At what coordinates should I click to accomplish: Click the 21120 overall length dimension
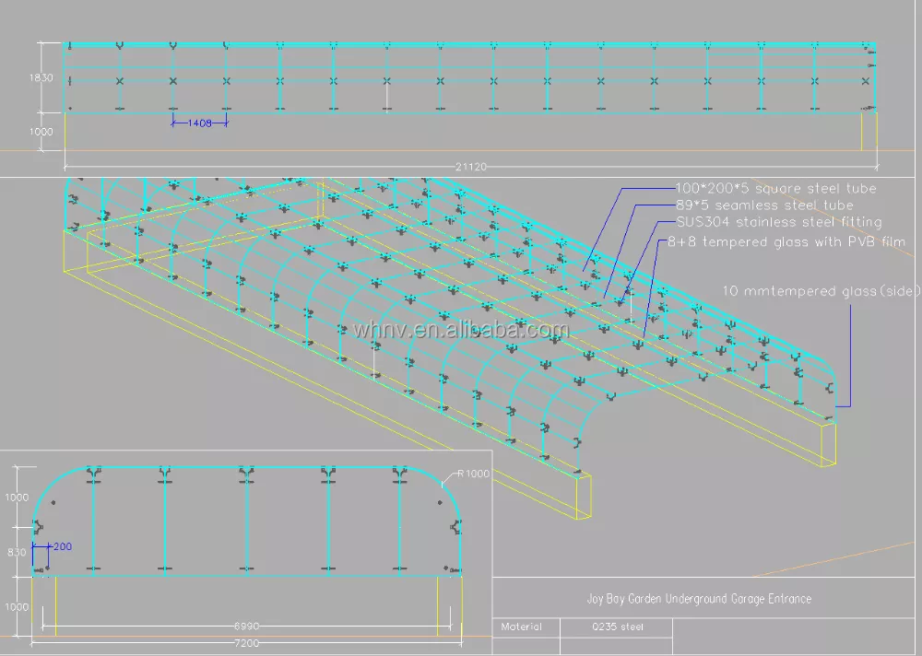click(x=471, y=167)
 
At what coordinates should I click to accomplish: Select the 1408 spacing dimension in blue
click(x=200, y=123)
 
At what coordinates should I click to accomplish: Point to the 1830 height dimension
click(x=41, y=78)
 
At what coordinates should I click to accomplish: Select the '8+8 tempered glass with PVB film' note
click(x=786, y=242)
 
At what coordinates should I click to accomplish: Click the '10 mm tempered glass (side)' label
click(x=822, y=291)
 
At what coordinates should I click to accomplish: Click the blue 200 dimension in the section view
click(x=62, y=546)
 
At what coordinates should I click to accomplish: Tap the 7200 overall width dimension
click(x=245, y=642)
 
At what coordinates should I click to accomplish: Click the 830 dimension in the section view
click(x=18, y=552)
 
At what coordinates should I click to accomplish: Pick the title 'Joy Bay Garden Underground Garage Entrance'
click(x=699, y=599)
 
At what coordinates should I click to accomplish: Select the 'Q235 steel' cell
click(x=618, y=627)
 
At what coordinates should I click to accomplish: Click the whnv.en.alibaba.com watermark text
click(x=461, y=330)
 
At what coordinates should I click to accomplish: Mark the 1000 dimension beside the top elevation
click(x=41, y=132)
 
